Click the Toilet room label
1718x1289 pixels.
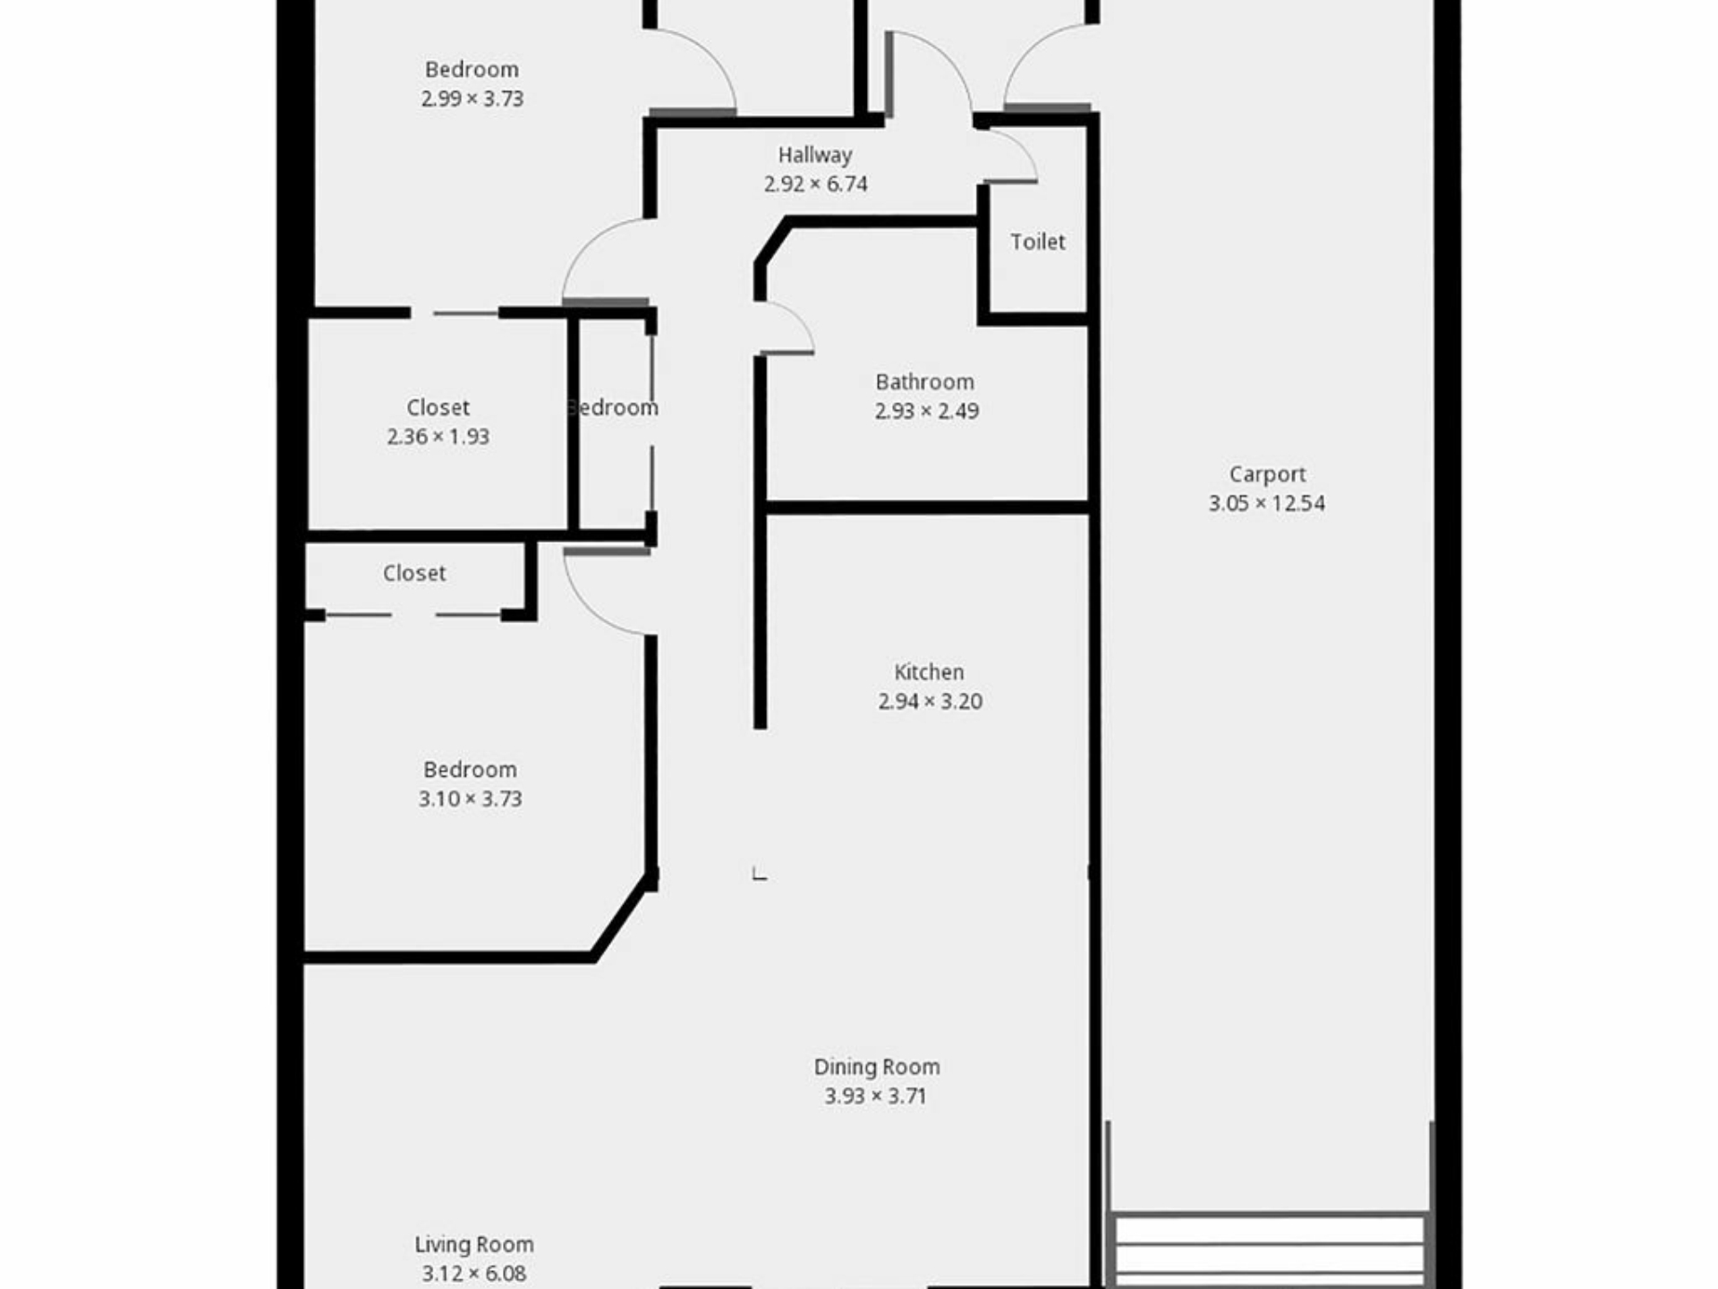[x=1038, y=242]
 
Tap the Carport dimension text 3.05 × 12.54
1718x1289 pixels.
[x=1266, y=503]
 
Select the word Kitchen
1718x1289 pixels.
[x=929, y=672]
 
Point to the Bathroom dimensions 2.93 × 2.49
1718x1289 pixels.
[x=926, y=411]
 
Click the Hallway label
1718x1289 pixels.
[x=814, y=155]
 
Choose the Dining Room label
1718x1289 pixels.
[x=877, y=1067]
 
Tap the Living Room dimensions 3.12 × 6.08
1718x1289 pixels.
[x=474, y=1273]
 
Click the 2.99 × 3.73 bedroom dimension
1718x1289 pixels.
[x=472, y=98]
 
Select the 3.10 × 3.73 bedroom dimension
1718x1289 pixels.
[x=470, y=798]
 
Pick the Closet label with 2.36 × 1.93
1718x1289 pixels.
[x=438, y=408]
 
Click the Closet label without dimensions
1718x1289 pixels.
[x=414, y=573]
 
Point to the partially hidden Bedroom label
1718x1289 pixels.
[x=614, y=408]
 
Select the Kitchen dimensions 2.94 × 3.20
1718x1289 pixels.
[x=930, y=701]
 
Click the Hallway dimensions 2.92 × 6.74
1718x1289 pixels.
[x=815, y=184]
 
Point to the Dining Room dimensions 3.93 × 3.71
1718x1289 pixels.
[x=875, y=1096]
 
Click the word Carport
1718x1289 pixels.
[x=1267, y=474]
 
